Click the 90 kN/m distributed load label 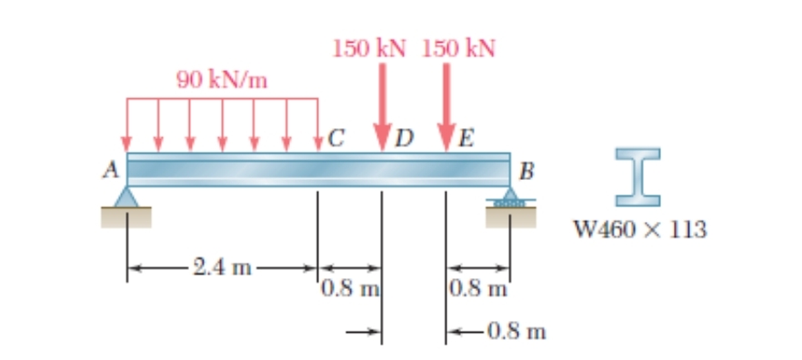[222, 80]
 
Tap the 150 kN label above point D [368, 48]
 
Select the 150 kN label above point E [458, 48]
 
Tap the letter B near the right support [526, 171]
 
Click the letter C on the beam [336, 139]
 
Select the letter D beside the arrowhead [404, 139]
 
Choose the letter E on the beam [466, 139]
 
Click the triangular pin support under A [127, 196]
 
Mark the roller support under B [509, 197]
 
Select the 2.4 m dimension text [221, 268]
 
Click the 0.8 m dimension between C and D [349, 290]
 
